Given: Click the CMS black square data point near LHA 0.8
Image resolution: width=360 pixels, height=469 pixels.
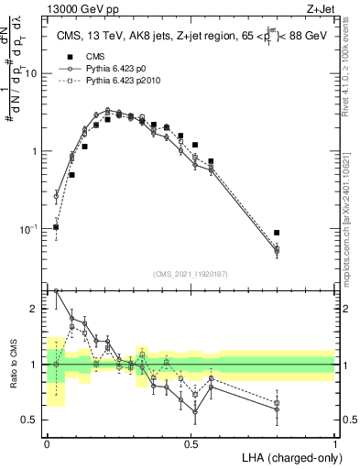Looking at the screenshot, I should coord(277,233).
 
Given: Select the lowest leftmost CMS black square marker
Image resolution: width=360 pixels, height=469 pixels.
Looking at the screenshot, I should coord(56,227).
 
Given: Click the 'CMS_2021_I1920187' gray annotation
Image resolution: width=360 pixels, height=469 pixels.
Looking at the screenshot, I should coord(191,274).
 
